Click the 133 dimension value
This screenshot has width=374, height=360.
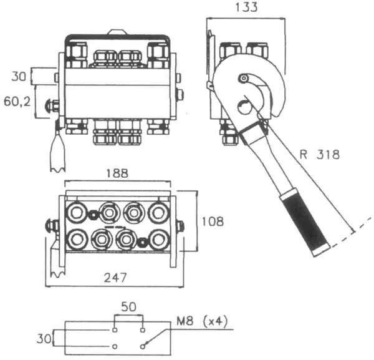pyautogui.click(x=246, y=7)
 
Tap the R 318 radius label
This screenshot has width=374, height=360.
pyautogui.click(x=319, y=155)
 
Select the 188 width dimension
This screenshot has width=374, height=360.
pyautogui.click(x=117, y=173)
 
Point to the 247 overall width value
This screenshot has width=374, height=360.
pyautogui.click(x=115, y=278)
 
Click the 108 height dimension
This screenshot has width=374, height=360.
pyautogui.click(x=213, y=221)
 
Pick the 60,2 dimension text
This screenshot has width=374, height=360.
pyautogui.click(x=17, y=102)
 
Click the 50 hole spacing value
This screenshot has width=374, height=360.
pyautogui.click(x=129, y=307)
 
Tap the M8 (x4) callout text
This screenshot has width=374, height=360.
pyautogui.click(x=202, y=321)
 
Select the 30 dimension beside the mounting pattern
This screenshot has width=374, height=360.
pyautogui.click(x=44, y=339)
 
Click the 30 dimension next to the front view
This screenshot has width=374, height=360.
pyautogui.click(x=19, y=76)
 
